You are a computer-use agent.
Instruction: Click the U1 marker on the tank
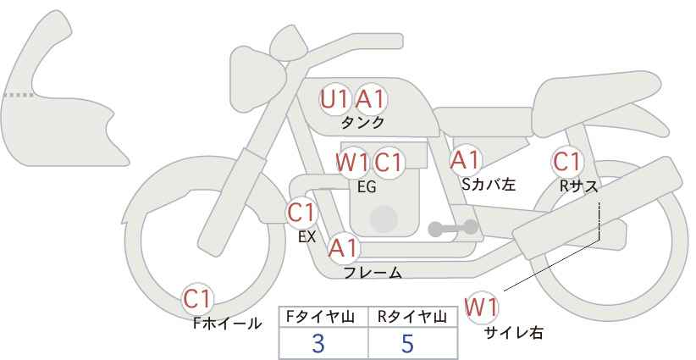pos(334,99)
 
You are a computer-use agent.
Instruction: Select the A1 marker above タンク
pos(371,99)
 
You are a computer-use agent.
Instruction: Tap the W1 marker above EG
pos(351,163)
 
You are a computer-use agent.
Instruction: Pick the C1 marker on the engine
pos(389,163)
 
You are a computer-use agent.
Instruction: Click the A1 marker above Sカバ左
pos(465,160)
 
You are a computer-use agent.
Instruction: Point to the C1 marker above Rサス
pos(566,162)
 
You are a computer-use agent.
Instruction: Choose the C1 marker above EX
pos(301,213)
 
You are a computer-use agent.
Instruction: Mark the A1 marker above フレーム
pos(343,248)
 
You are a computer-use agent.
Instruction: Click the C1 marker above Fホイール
pos(198,300)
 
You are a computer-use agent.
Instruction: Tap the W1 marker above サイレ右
pos(481,307)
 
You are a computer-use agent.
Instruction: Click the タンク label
pos(362,123)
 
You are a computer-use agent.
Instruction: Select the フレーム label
pos(373,273)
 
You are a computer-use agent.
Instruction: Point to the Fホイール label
pos(227,324)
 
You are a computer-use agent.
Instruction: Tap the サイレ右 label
pos(514,333)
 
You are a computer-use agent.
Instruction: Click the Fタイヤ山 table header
pos(320,317)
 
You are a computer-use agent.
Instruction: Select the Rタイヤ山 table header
pos(412,317)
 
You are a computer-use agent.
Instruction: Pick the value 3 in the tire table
pos(318,343)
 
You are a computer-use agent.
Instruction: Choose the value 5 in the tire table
pos(407,343)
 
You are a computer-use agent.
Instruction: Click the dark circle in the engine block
pos(384,219)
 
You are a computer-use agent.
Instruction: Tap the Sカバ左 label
pos(489,184)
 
